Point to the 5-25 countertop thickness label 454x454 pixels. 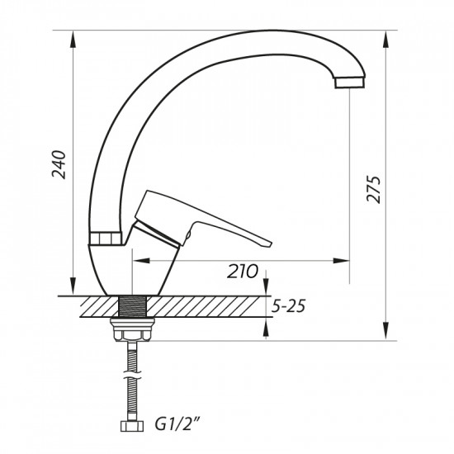[x=288, y=306]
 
